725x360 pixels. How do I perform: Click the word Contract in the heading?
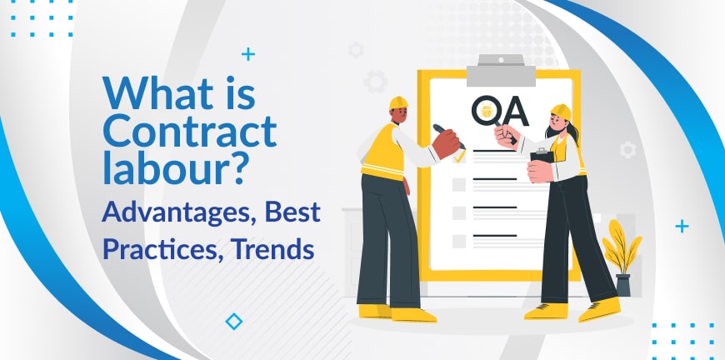point(190,131)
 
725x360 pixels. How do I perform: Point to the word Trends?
point(272,248)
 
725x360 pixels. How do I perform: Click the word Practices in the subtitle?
point(164,250)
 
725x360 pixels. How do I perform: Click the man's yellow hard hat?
point(398,102)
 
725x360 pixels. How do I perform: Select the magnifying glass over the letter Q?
point(491,117)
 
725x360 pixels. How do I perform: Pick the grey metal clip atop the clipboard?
point(501,71)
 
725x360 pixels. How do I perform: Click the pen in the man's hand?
point(449,137)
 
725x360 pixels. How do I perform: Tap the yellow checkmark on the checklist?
point(460,157)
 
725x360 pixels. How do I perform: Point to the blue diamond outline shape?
point(234,322)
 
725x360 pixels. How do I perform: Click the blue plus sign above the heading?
point(248,54)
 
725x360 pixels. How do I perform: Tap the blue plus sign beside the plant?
point(682,226)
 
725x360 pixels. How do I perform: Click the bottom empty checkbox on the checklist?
point(458,241)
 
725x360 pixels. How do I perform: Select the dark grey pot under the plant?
point(623,285)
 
